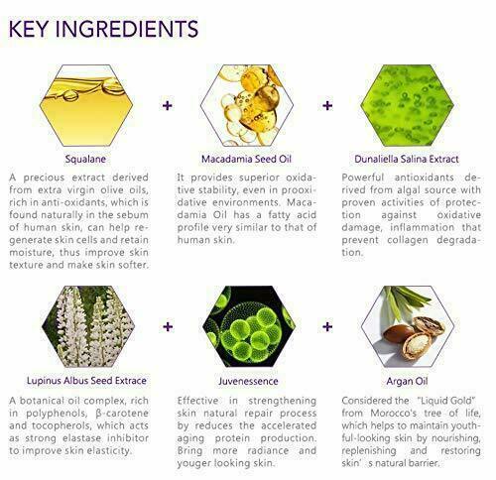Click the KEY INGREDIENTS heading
coord(103,29)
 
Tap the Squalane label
coord(85,159)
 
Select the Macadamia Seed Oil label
coord(246,159)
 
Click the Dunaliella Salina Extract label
coord(407,159)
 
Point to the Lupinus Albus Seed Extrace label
coord(86,381)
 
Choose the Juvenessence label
coord(248,381)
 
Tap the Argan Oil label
coord(407,381)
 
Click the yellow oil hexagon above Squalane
coord(86,105)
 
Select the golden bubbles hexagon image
coord(247,105)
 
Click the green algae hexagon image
coord(407,105)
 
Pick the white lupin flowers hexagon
coord(88,326)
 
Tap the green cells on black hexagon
coord(249,326)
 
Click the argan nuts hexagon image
coord(408,326)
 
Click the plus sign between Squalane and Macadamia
coord(168,106)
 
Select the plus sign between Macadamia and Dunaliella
coord(327,106)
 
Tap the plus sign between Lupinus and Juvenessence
coord(168,326)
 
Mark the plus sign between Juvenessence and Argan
coord(327,326)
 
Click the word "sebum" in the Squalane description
coord(133,215)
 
